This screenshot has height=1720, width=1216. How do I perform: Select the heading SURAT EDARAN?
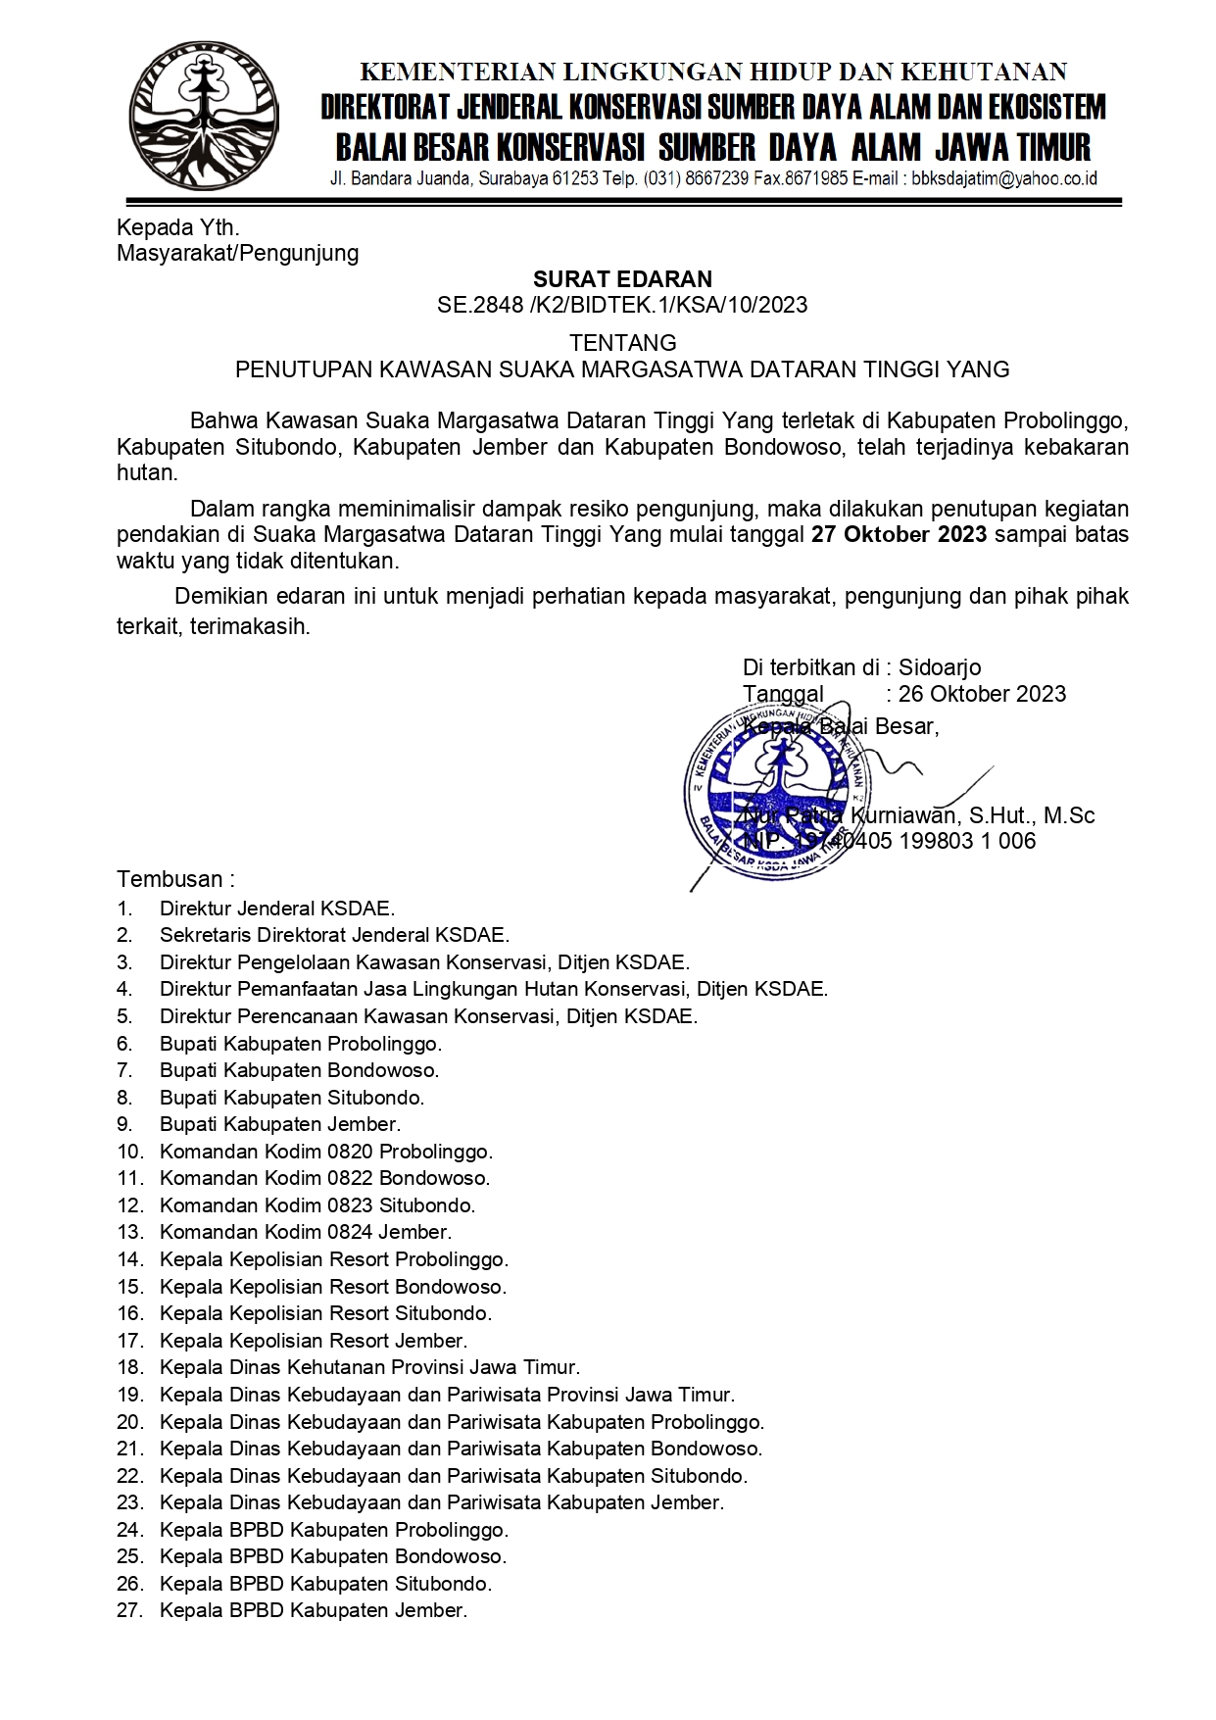[622, 279]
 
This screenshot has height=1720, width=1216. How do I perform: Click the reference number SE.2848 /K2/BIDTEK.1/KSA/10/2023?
[622, 305]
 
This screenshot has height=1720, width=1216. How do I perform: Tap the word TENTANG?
[623, 343]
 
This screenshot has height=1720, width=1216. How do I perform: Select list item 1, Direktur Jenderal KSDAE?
[277, 909]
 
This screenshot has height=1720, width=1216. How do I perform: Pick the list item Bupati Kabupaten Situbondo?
[292, 1098]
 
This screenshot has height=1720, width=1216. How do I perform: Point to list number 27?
[130, 1610]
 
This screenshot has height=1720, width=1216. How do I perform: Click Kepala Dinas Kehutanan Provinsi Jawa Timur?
[369, 1367]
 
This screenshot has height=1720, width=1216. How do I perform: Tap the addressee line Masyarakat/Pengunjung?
[238, 254]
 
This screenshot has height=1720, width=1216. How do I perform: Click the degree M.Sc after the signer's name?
[1069, 815]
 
